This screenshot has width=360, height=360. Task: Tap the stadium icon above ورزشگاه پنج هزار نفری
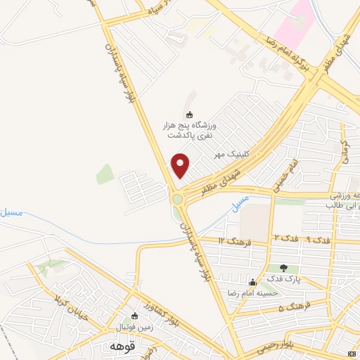click(x=188, y=115)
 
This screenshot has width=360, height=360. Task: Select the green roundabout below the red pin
click(x=177, y=200)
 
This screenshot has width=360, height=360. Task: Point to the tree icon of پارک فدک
click(x=283, y=268)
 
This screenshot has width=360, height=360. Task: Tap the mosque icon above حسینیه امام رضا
click(x=252, y=282)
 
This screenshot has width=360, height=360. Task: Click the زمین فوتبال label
click(x=134, y=327)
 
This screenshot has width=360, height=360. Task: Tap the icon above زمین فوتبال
click(x=136, y=316)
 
